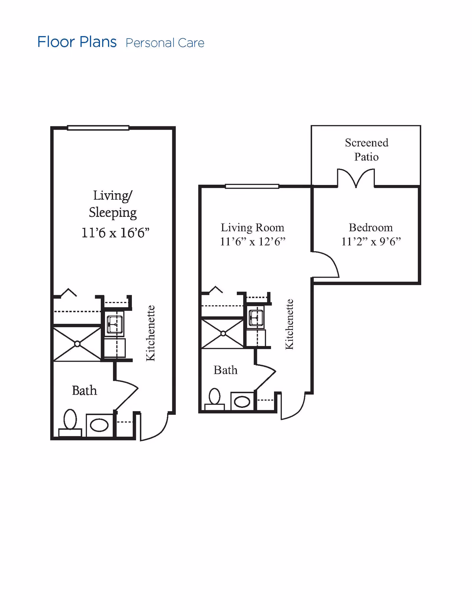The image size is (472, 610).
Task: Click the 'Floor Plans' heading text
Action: (x=77, y=42)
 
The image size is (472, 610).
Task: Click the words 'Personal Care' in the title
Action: (x=165, y=43)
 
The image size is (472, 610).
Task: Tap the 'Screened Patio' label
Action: (x=366, y=150)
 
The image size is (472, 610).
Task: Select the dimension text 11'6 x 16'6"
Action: (x=115, y=233)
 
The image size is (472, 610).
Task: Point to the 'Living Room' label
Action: (x=253, y=228)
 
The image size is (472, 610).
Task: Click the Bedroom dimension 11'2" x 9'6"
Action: (x=371, y=242)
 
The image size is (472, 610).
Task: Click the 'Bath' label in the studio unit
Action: (x=84, y=391)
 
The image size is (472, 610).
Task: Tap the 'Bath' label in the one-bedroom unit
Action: (x=225, y=370)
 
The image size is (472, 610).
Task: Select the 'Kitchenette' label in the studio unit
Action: (x=150, y=333)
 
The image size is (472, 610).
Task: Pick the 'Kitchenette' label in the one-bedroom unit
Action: (x=289, y=324)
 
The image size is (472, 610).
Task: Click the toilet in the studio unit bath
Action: (x=70, y=422)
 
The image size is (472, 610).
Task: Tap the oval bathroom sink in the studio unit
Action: (x=99, y=425)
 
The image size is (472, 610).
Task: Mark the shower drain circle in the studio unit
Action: (x=77, y=344)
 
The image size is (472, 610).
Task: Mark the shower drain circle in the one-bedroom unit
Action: (x=223, y=333)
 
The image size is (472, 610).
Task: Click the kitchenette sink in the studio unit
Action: (x=115, y=324)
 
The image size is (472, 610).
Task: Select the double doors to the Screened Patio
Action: (x=356, y=178)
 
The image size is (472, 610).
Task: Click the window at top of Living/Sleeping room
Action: (x=98, y=128)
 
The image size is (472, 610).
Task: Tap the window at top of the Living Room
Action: (x=252, y=186)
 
